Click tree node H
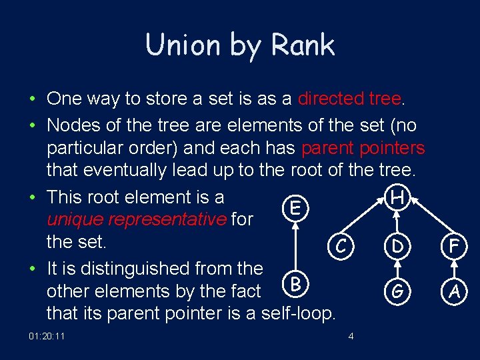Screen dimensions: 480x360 click(x=397, y=197)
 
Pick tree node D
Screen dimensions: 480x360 click(x=397, y=247)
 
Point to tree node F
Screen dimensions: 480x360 click(x=454, y=247)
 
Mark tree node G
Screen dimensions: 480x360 click(x=397, y=291)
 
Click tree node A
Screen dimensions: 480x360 click(x=454, y=291)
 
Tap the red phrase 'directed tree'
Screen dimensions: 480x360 click(x=350, y=99)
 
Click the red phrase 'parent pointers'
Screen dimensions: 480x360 click(x=363, y=147)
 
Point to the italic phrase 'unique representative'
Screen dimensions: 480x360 click(x=137, y=219)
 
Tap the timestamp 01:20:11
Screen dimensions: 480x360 click(x=47, y=336)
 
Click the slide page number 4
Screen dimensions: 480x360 click(x=351, y=336)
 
